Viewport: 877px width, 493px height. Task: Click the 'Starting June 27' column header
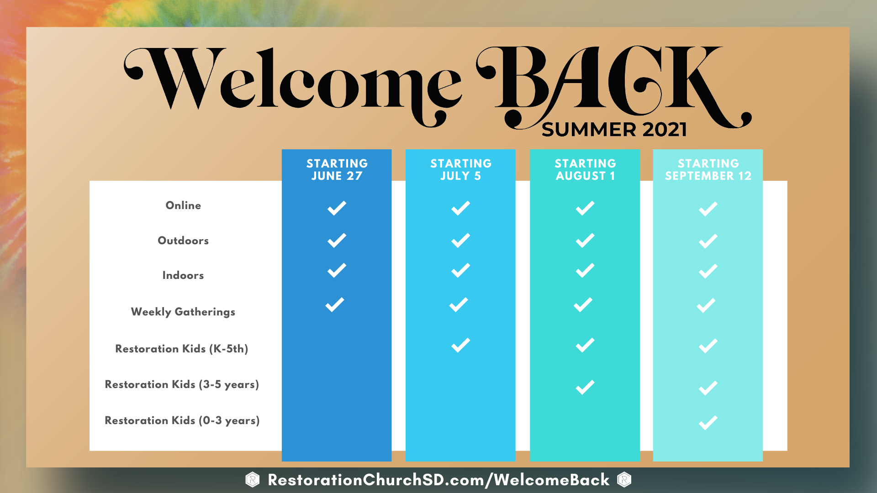coord(337,170)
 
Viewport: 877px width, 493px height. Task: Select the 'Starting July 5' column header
coord(461,170)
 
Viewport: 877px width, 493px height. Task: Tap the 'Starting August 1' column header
coord(585,170)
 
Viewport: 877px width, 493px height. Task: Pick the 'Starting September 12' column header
coord(708,170)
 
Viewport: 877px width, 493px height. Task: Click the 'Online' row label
coord(183,205)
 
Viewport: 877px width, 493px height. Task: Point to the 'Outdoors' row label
coord(183,241)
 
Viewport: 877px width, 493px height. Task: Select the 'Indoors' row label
coord(183,275)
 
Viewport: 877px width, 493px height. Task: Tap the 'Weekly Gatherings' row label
coord(183,312)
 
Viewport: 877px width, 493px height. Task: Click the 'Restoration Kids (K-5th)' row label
coord(182,349)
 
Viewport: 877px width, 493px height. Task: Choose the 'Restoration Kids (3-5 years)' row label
coord(182,384)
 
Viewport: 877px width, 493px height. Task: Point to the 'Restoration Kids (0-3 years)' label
coord(182,420)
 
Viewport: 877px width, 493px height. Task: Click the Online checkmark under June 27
coord(337,208)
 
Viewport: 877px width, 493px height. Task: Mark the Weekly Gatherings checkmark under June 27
coord(335,305)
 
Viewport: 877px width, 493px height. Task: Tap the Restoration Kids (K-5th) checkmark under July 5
coord(461,345)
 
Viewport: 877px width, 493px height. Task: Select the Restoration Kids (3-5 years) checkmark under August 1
coord(585,387)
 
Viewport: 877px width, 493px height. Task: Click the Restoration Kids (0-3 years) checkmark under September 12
coord(708,423)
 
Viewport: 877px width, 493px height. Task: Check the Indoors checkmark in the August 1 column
coord(585,271)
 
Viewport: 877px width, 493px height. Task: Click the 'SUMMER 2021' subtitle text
coord(614,130)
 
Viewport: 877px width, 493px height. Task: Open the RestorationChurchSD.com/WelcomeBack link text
coord(438,480)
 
